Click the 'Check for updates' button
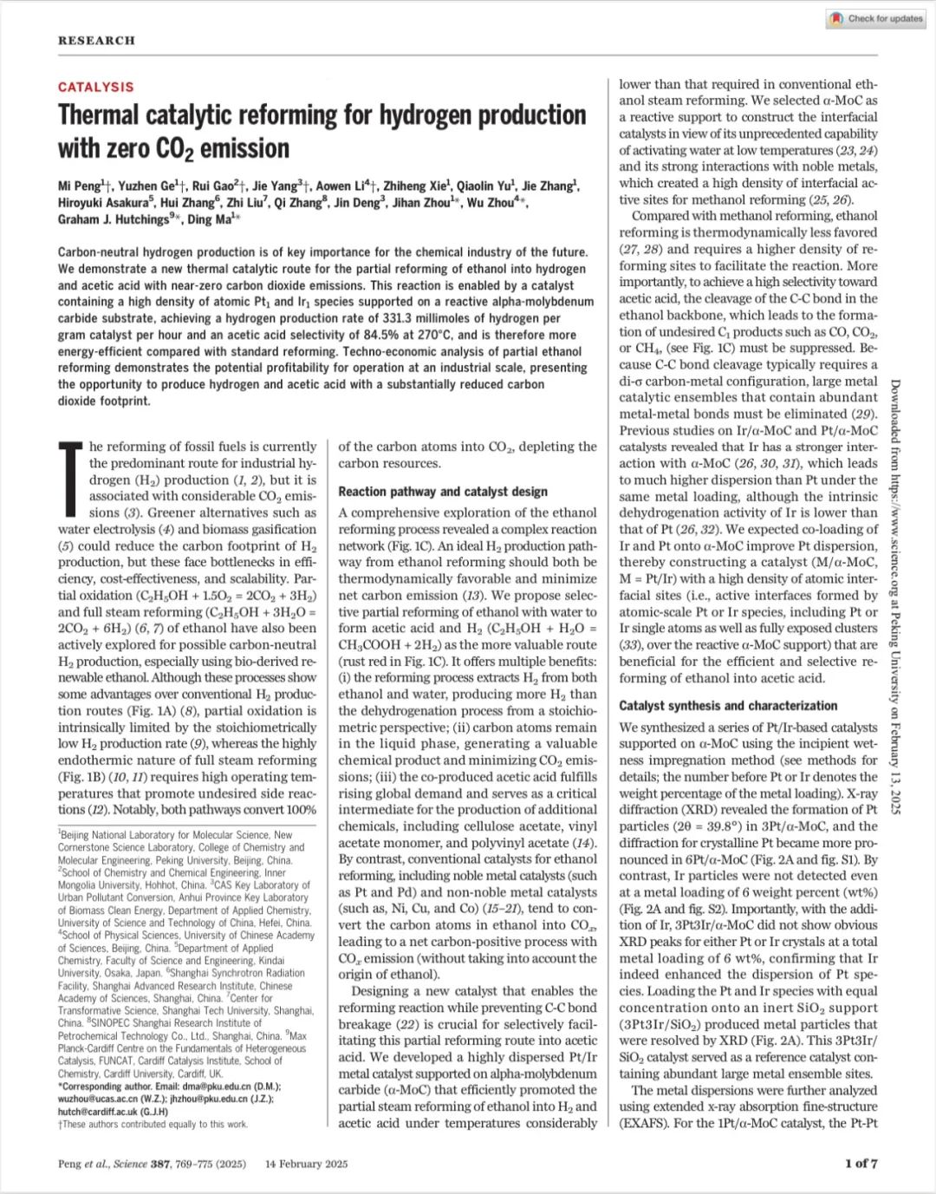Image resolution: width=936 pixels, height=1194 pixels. [x=876, y=18]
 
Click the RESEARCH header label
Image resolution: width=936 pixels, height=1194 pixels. [x=96, y=40]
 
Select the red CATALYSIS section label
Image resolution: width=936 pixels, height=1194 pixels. [x=96, y=87]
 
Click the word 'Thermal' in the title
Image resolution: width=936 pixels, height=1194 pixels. [x=98, y=115]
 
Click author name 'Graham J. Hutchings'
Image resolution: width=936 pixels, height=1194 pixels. [x=113, y=219]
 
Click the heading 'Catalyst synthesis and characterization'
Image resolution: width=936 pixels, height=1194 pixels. [x=728, y=706]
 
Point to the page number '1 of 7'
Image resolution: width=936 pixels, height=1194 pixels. [x=861, y=1164]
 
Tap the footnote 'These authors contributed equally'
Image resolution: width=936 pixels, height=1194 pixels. [x=156, y=1124]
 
